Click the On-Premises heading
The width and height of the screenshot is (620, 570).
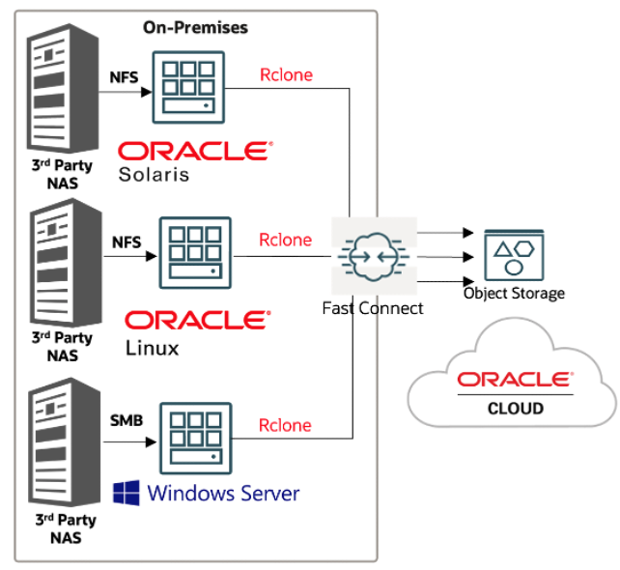(195, 27)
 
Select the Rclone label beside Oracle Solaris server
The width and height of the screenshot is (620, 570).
(286, 74)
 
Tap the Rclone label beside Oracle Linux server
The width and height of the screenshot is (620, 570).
(286, 240)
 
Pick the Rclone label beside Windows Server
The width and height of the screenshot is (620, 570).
(285, 425)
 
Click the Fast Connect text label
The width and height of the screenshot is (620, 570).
(373, 308)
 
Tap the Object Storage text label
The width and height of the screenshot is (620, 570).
(514, 294)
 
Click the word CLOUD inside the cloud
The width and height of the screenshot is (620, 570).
(514, 408)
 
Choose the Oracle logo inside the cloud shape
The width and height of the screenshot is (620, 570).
(514, 379)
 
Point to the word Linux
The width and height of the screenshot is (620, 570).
(152, 347)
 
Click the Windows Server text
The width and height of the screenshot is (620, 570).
(223, 494)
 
